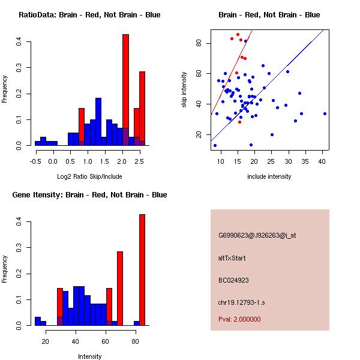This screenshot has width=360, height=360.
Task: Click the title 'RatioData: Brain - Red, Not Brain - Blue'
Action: [x=89, y=15]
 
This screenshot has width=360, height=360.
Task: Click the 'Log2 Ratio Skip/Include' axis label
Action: [x=89, y=177]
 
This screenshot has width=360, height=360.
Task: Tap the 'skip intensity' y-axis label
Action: [x=185, y=90]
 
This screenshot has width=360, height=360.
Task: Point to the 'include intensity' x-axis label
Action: [x=269, y=177]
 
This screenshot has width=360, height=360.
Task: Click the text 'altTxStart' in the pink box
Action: [x=232, y=258]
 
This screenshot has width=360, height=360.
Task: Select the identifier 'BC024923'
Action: [x=233, y=280]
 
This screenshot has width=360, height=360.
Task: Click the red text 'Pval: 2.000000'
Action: [x=239, y=319]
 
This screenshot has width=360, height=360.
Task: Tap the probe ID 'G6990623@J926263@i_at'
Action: [x=257, y=235]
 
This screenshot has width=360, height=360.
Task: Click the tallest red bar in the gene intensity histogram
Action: [x=142, y=270]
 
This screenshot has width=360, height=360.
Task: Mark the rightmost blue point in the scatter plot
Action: [x=325, y=113]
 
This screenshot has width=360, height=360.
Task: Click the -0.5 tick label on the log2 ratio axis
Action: [x=35, y=161]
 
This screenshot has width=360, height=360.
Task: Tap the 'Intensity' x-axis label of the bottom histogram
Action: [x=89, y=357]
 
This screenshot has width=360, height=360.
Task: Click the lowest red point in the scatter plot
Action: [x=239, y=122]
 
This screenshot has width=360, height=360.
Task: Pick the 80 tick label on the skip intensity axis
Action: [x=198, y=43]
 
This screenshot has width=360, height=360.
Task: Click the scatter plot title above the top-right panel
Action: [x=269, y=15]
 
